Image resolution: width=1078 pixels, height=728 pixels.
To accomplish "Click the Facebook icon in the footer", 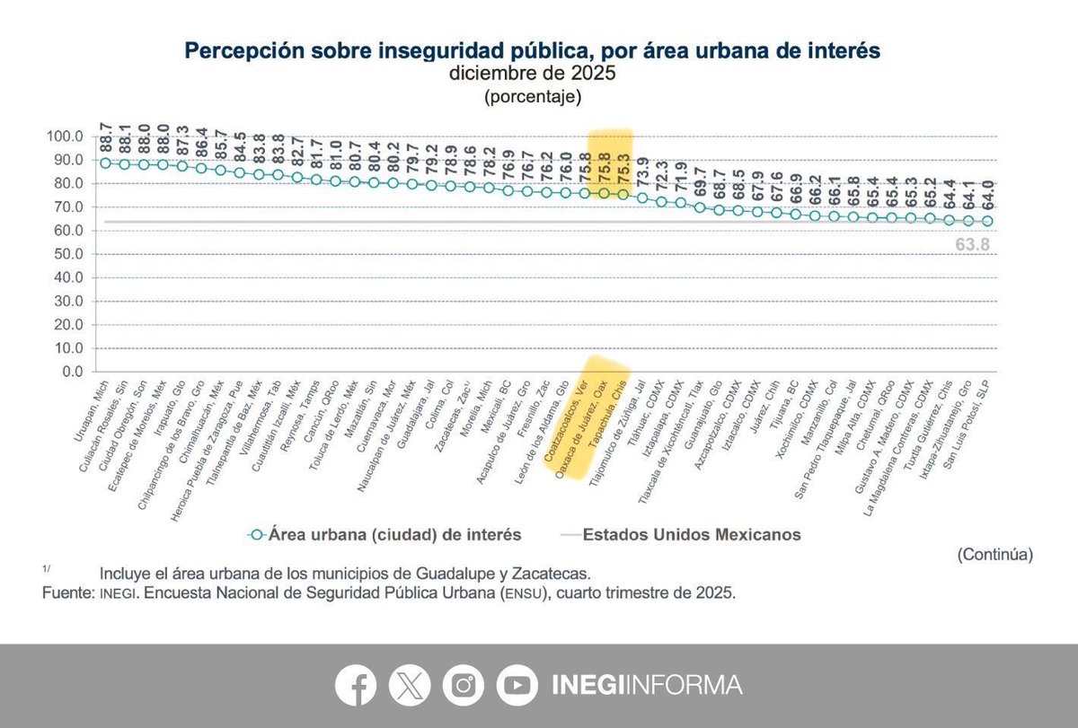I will click(356, 685).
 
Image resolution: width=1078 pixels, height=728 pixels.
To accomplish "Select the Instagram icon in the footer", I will click(464, 685).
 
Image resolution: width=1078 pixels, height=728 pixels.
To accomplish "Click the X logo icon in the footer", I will click(410, 685).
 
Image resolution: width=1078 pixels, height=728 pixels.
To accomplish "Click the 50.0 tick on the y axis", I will click(68, 254).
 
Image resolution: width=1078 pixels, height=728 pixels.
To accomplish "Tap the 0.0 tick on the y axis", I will click(72, 372).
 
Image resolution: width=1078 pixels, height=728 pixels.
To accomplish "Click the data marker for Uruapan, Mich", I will click(105, 163).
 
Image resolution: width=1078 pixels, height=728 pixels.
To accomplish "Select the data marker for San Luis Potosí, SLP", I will click(987, 221).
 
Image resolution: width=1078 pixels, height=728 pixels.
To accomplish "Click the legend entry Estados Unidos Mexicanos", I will click(692, 534).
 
